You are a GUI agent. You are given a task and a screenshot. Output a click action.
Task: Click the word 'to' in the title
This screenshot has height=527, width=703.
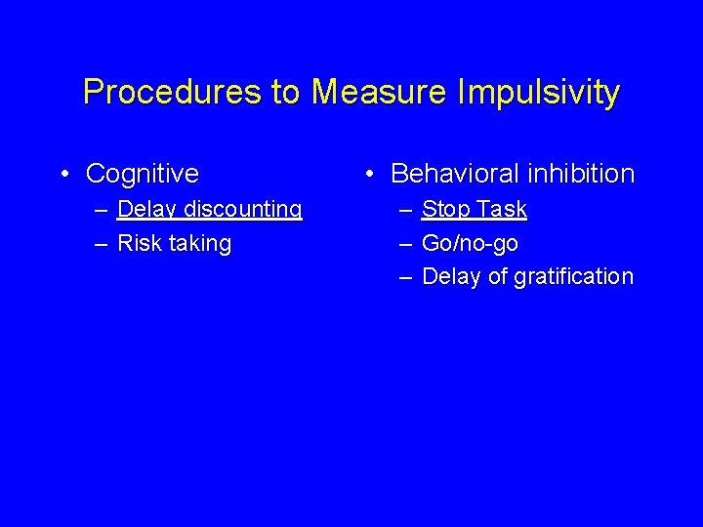286,93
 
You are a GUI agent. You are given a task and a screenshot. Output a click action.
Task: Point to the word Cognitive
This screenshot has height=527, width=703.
143,174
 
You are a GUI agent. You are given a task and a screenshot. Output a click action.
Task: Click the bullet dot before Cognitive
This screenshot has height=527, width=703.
64,175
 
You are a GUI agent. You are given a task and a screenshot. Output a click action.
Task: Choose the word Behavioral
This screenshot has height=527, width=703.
454,174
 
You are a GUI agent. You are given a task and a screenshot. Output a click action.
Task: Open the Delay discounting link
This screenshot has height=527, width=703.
209,210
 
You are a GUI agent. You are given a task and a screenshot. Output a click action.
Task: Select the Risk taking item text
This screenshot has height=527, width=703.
174,244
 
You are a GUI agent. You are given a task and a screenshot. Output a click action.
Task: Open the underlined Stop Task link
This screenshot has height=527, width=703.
475,210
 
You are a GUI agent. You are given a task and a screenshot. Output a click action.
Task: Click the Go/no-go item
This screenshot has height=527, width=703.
470,244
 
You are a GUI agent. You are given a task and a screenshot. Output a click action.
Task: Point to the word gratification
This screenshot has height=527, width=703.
574,277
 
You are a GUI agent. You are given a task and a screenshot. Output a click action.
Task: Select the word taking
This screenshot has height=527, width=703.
199,244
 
